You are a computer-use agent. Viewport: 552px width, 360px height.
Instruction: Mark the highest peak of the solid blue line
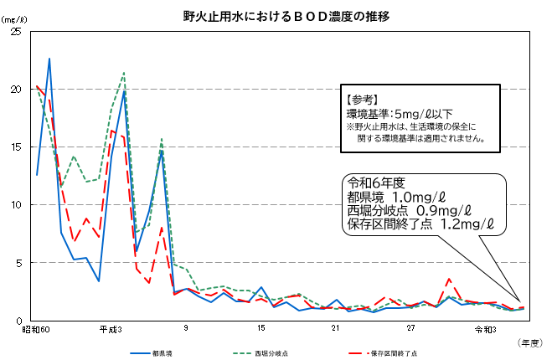(49, 59)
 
